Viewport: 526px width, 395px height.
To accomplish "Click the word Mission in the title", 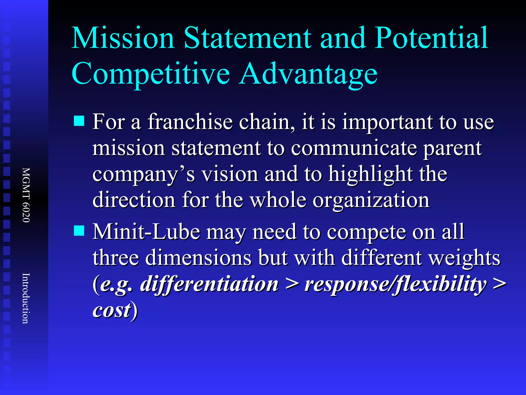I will (123, 38).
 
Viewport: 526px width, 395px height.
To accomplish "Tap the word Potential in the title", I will (431, 38).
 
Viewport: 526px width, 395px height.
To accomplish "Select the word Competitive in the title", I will (151, 74).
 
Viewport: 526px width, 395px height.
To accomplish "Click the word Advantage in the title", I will (308, 74).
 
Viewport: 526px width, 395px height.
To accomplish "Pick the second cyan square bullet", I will (79, 230).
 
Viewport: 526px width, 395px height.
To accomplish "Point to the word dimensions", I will (198, 258).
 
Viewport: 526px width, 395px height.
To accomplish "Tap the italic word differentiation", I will (209, 284).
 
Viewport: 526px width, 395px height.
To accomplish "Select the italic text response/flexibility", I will (396, 284).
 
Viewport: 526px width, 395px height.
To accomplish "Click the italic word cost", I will (112, 310).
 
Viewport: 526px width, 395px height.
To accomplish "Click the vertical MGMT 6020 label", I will (26, 195).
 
